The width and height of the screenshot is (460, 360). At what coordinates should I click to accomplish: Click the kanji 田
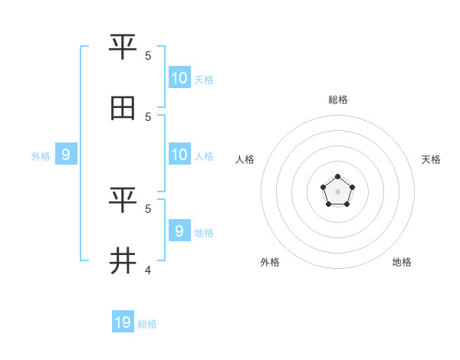tap(123, 110)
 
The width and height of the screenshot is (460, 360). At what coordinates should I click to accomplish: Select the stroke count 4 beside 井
tap(148, 270)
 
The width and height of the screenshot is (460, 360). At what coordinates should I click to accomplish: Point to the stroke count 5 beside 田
tap(148, 116)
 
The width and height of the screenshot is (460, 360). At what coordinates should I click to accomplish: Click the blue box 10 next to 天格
tap(179, 78)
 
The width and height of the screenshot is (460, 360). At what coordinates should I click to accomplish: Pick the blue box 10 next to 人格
tap(179, 155)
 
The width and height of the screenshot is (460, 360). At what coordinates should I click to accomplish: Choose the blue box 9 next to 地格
tap(179, 231)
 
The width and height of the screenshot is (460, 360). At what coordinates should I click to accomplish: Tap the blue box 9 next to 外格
tap(66, 155)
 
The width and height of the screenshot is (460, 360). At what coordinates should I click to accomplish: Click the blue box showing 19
tap(123, 322)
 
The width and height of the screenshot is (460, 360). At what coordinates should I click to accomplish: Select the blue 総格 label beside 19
tap(147, 324)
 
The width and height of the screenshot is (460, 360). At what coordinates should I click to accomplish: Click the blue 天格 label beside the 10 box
tap(204, 80)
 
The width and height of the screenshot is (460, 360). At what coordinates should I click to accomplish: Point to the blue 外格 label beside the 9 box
tap(41, 156)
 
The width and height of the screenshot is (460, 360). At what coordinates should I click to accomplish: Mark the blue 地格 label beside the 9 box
tap(204, 233)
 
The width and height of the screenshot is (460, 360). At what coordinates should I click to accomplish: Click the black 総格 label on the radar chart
tap(338, 100)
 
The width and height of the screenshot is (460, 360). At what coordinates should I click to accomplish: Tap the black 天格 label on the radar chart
tap(431, 159)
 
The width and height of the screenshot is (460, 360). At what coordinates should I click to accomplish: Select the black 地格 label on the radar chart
tap(402, 262)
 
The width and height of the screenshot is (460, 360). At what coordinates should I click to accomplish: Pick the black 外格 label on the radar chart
tap(270, 262)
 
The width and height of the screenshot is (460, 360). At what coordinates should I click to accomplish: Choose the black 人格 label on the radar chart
tap(245, 159)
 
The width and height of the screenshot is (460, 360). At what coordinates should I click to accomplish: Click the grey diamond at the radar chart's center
tap(337, 191)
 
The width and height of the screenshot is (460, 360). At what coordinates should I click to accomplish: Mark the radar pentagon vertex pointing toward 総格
tap(337, 177)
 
